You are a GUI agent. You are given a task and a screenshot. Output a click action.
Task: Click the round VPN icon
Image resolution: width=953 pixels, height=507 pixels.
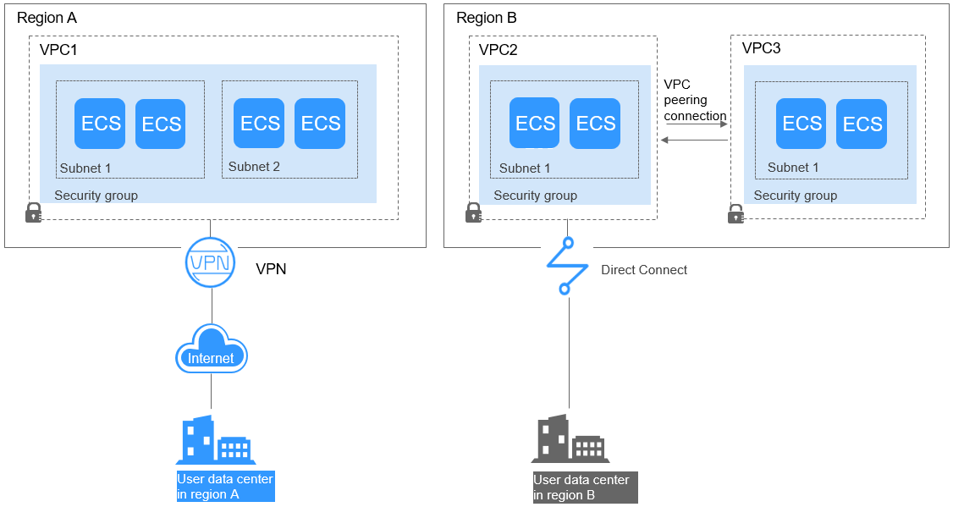point(209,262)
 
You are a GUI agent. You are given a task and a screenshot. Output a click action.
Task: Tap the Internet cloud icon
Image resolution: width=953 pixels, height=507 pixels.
point(211,350)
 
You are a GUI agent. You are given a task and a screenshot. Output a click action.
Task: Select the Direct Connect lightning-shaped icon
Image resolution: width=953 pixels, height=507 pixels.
point(567,266)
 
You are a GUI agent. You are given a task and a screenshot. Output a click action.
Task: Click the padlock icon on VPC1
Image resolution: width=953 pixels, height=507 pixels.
point(33,212)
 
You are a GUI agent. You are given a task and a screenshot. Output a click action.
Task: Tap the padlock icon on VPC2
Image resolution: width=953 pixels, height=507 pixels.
point(473,212)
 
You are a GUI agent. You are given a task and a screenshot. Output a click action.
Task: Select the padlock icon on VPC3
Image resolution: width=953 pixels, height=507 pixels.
point(735,213)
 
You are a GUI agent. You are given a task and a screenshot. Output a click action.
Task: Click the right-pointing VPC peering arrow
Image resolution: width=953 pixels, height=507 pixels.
point(696,124)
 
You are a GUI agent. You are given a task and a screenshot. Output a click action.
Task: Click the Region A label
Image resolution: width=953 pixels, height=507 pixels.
point(47,18)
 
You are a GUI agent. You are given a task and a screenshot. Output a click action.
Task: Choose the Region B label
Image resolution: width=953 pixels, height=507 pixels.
point(487,18)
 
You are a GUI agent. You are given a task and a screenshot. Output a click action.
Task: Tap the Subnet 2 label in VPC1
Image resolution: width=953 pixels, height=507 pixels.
point(254,167)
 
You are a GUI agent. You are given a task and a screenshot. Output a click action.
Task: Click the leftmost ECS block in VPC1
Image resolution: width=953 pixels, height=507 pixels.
point(101,124)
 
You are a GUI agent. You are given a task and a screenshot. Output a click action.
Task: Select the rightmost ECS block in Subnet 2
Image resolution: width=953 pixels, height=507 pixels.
point(320,124)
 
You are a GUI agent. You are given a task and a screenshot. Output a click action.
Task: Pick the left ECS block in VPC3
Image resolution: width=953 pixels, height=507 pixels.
point(802,124)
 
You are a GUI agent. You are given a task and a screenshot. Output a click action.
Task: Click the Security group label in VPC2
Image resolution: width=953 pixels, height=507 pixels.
point(535,196)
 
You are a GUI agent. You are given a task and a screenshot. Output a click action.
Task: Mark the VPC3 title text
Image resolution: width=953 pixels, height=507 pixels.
point(761,48)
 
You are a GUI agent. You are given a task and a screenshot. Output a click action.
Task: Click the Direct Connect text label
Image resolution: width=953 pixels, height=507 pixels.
point(644,270)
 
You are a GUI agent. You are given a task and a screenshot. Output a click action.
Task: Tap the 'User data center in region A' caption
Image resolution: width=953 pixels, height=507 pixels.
point(225,487)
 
